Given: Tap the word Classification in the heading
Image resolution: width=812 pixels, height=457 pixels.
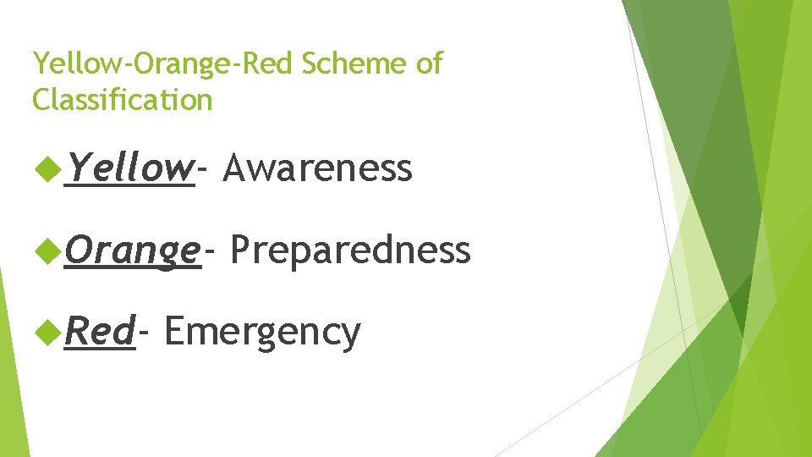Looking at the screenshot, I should [x=122, y=100].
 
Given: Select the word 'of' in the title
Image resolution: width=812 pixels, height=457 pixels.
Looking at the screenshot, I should [x=427, y=63].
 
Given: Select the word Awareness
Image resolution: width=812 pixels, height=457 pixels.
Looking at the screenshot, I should [x=318, y=168].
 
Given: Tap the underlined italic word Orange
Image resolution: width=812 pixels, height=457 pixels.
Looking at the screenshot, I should [x=133, y=251].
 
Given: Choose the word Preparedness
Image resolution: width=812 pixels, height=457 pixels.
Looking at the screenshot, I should [x=349, y=251].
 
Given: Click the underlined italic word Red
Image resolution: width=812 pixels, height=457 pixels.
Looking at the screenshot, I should [x=100, y=332].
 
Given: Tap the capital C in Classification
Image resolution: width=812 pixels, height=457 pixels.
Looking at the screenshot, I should [x=41, y=100].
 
